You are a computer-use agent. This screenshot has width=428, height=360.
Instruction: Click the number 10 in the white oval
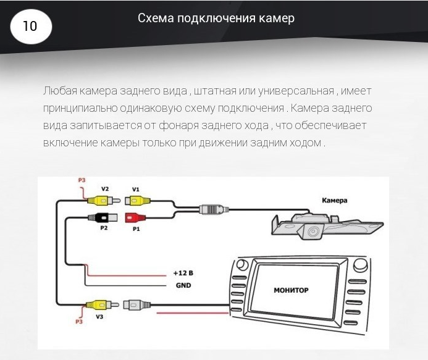pyautogui.click(x=30, y=26)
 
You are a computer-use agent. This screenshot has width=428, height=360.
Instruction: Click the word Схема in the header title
pyautogui.click(x=154, y=18)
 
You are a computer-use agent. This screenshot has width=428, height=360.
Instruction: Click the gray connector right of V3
pyautogui.click(x=136, y=304)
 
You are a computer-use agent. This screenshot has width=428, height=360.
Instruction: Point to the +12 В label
pyautogui.click(x=183, y=272)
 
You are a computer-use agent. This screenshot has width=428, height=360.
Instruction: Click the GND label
pyautogui.click(x=183, y=285)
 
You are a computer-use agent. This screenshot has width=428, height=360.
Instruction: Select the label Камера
pyautogui.click(x=335, y=200)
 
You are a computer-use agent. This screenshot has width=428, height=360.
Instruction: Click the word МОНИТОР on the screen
pyautogui.click(x=290, y=289)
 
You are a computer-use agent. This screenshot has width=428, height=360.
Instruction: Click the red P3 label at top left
pyautogui.click(x=82, y=180)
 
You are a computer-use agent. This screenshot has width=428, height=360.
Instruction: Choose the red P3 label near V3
pyautogui.click(x=78, y=321)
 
